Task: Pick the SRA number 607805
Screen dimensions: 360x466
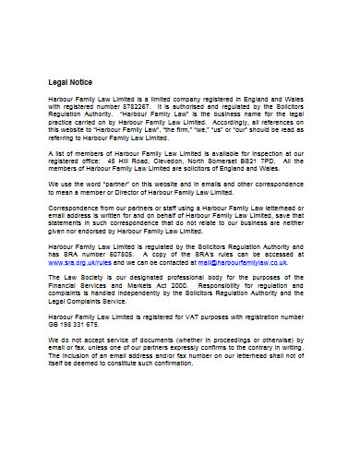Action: click(x=126, y=254)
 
